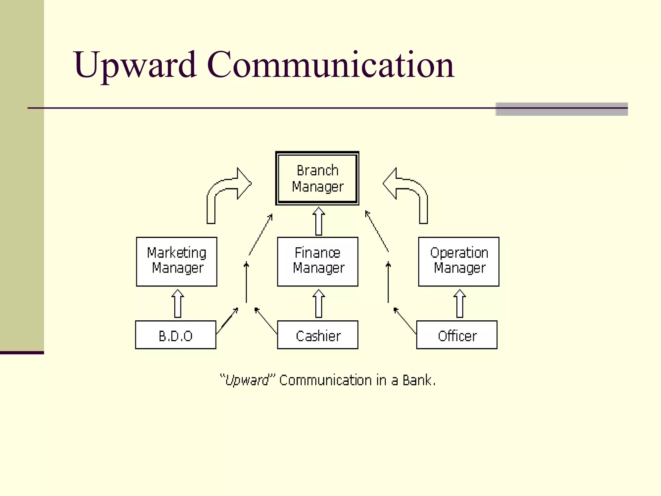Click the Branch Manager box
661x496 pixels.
[317, 178]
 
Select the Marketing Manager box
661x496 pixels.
[177, 261]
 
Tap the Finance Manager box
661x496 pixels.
[318, 261]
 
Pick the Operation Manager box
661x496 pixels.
[459, 261]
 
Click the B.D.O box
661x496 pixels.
[176, 335]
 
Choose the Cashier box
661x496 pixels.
[318, 335]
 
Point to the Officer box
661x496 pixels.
[457, 335]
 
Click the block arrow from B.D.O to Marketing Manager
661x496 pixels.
[178, 304]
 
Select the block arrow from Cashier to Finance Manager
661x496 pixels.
[319, 304]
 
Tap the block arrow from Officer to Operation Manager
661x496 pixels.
[460, 304]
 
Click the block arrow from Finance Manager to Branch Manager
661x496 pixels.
[319, 222]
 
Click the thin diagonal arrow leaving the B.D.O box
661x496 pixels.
[227, 321]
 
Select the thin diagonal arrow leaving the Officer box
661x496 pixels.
[405, 321]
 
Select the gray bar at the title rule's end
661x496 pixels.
[562, 109]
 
